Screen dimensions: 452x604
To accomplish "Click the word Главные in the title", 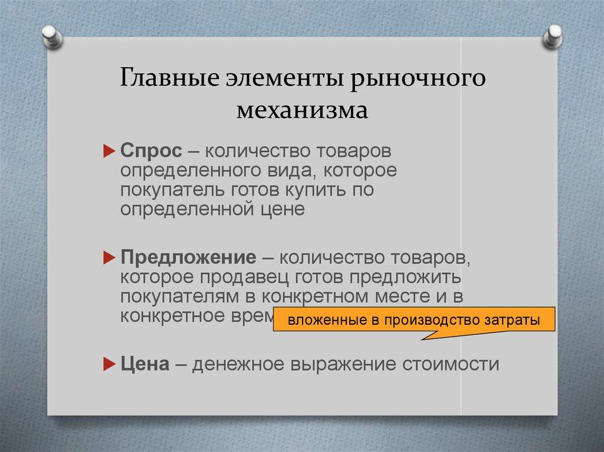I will tap(157, 78).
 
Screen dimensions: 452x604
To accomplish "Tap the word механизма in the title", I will tap(301, 110).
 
